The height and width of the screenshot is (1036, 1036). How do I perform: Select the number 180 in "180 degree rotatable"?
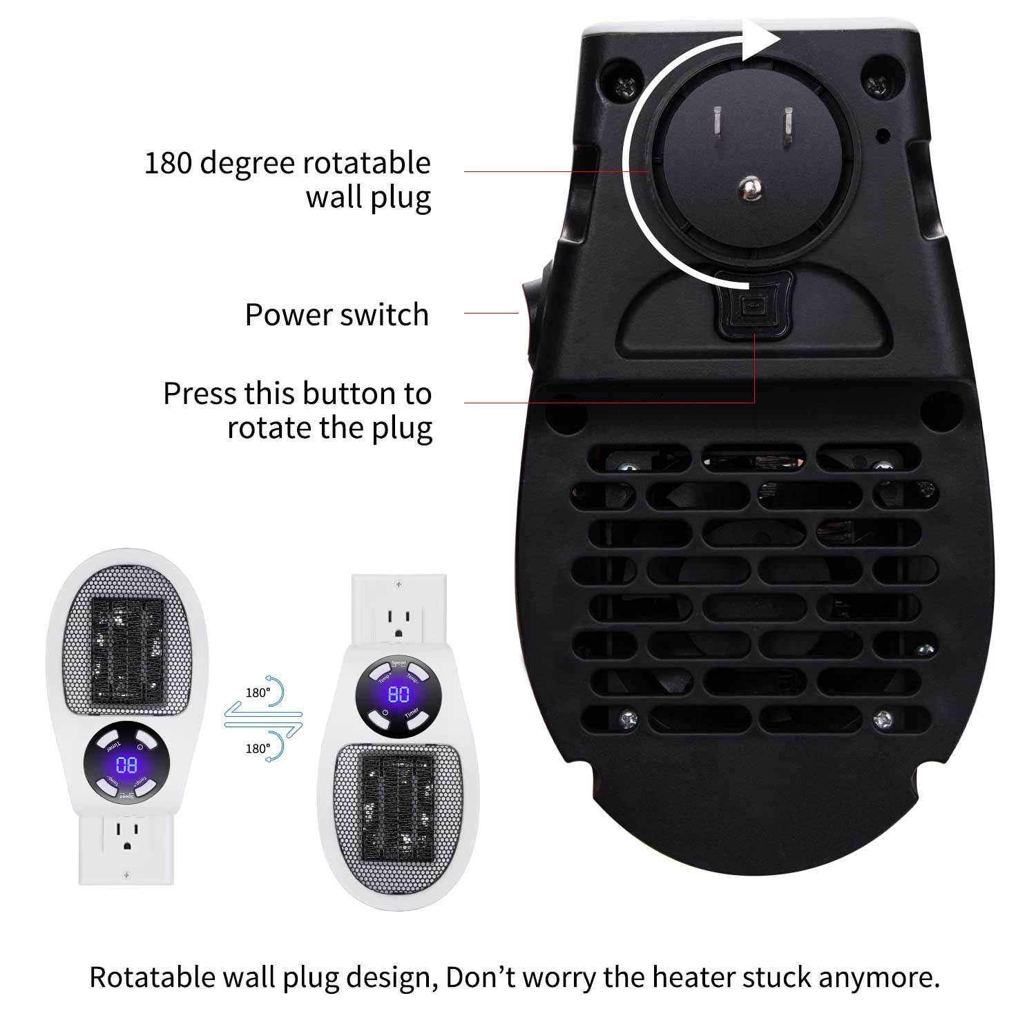point(170,164)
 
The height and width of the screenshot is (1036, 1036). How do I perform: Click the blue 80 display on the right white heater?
point(399,694)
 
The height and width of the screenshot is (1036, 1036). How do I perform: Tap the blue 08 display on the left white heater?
point(126,765)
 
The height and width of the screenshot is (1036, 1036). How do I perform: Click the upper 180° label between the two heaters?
point(257,693)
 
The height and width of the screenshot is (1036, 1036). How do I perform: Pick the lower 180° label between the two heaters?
point(257,748)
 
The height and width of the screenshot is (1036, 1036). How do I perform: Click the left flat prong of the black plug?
point(718,124)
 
